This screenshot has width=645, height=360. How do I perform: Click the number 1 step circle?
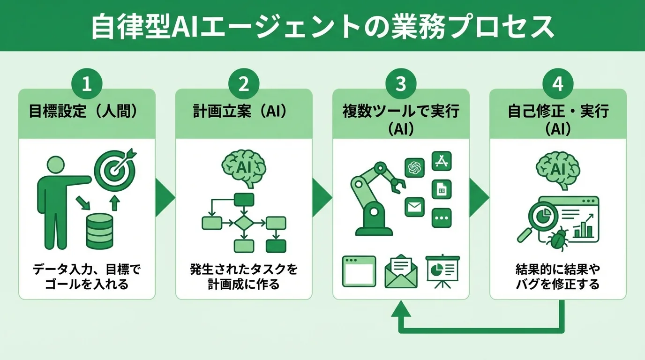86,84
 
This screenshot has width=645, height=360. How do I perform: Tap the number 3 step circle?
401,84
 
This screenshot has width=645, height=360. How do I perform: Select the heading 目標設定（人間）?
86,112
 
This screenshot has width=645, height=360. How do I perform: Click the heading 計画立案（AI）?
243,112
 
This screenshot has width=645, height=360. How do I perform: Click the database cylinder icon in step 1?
99,231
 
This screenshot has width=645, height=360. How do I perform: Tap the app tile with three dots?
441,218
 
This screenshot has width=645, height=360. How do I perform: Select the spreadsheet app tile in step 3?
441,189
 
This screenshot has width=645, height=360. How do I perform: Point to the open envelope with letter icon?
401,272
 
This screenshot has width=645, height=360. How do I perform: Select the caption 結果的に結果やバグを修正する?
557,277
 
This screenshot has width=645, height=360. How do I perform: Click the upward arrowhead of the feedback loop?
401,309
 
